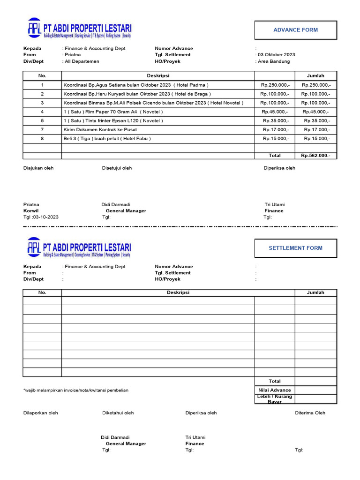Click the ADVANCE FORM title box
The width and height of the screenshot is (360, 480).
click(295, 30)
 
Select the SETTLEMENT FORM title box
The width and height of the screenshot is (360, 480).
click(295, 248)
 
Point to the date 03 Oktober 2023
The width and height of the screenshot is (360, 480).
click(277, 55)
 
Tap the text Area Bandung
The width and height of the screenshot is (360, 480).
click(274, 61)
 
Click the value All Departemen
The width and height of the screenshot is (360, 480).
click(82, 61)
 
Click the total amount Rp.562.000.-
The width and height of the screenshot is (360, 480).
click(315, 156)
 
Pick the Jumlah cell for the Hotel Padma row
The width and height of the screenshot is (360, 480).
click(315, 85)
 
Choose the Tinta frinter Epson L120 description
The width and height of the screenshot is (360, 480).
click(113, 121)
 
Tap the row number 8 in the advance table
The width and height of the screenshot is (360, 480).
click(42, 139)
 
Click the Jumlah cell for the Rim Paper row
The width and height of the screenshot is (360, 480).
click(315, 112)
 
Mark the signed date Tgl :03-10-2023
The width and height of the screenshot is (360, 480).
click(41, 217)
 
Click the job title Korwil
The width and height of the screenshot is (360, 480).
click(31, 211)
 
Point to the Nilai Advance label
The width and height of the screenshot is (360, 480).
click(275, 390)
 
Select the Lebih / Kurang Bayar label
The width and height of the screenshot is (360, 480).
click(275, 399)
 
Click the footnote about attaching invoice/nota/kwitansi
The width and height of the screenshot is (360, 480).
click(75, 390)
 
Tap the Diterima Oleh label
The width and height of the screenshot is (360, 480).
click(310, 413)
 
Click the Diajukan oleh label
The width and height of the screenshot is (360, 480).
click(38, 168)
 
